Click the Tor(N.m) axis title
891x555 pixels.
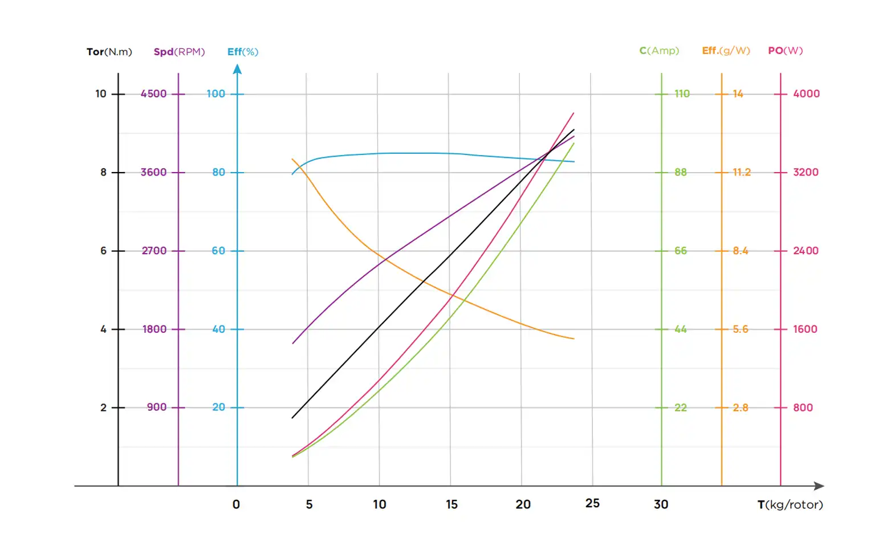pyautogui.click(x=109, y=52)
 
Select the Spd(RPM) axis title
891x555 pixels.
pyautogui.click(x=179, y=52)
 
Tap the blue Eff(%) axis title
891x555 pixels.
pyautogui.click(x=243, y=52)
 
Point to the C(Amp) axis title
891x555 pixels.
pyautogui.click(x=659, y=51)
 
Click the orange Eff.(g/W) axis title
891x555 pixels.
pyautogui.click(x=726, y=51)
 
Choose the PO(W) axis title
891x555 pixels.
pyautogui.click(x=785, y=51)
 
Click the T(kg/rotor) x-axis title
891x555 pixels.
pyautogui.click(x=790, y=505)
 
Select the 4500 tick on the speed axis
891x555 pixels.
pyautogui.click(x=154, y=94)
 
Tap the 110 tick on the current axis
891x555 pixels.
pyautogui.click(x=682, y=94)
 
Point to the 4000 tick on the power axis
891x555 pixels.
pyautogui.click(x=806, y=94)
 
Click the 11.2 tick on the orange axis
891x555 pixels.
pyautogui.click(x=742, y=172)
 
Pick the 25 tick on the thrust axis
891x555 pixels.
pyautogui.click(x=592, y=503)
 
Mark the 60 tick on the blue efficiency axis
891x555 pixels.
pyautogui.click(x=218, y=251)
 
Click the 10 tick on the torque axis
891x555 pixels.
pyautogui.click(x=101, y=94)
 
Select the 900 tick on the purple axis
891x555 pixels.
pyautogui.click(x=157, y=407)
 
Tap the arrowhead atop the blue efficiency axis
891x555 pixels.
pyautogui.click(x=238, y=70)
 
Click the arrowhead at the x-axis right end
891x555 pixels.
pyautogui.click(x=819, y=486)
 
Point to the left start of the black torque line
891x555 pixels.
pyautogui.click(x=292, y=418)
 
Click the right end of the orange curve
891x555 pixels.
pyautogui.click(x=573, y=339)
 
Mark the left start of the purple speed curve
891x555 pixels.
pyautogui.click(x=293, y=343)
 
